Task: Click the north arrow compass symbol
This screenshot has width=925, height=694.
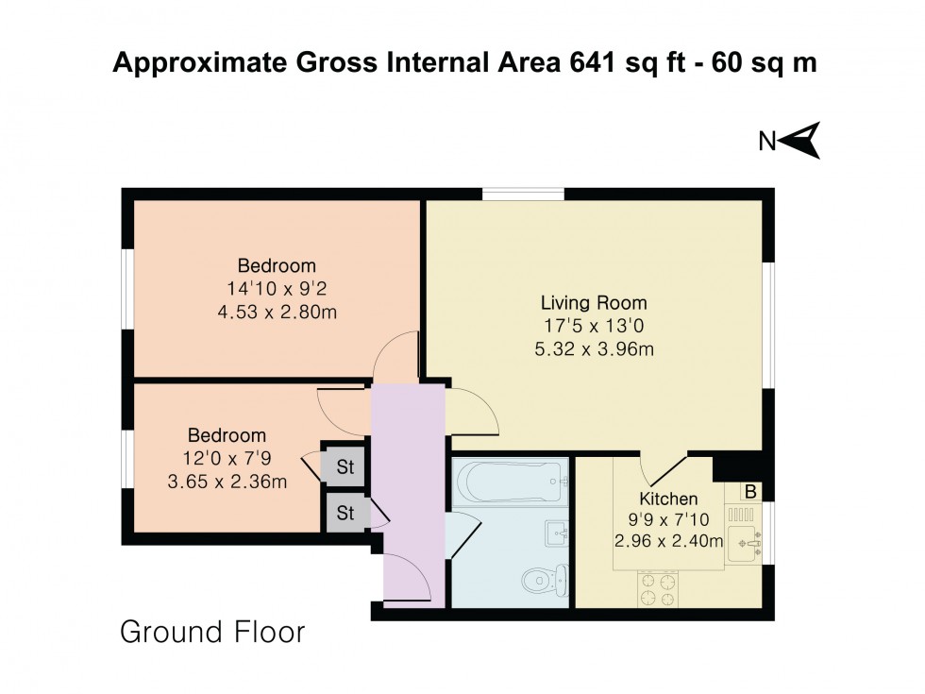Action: tap(801, 141)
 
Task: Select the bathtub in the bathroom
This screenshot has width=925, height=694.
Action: tap(511, 482)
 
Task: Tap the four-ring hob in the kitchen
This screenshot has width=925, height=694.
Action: tap(660, 588)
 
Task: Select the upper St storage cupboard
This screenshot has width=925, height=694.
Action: tap(345, 465)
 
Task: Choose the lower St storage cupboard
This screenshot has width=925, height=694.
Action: tap(345, 514)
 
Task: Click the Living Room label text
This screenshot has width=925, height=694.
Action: tap(594, 303)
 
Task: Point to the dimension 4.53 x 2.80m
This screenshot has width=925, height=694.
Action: tap(277, 313)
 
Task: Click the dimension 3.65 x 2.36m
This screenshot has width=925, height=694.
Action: tap(227, 482)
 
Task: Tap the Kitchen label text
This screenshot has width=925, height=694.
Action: tap(668, 499)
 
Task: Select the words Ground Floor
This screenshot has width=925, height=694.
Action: tap(212, 632)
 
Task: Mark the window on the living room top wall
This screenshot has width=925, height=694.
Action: tap(524, 195)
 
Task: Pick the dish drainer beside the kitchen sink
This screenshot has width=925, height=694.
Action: tap(742, 516)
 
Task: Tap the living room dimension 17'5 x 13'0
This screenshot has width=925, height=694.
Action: tap(594, 327)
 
